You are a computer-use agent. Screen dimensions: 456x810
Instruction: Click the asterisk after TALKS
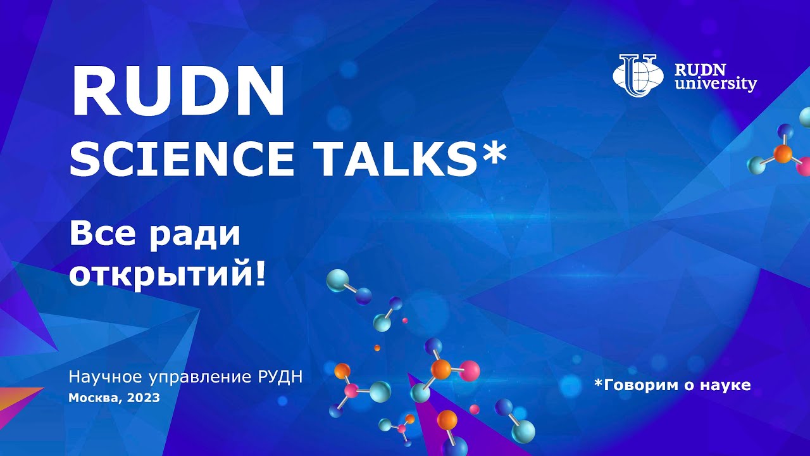tap(494, 152)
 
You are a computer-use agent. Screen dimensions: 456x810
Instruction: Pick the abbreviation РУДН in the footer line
tap(281, 378)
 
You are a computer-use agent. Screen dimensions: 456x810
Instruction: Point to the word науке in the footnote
tap(727, 385)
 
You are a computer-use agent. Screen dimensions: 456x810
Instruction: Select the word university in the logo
tap(715, 84)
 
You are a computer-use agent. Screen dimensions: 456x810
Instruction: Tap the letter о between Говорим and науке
tap(689, 385)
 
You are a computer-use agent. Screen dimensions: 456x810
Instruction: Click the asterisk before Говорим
tap(598, 383)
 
